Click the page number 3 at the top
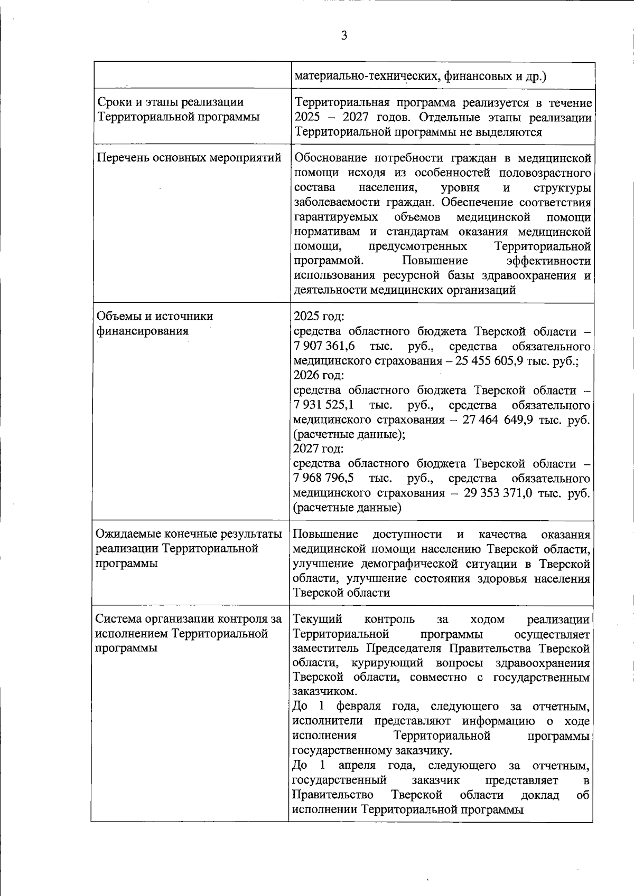[x=344, y=36]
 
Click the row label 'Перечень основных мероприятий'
[x=189, y=158]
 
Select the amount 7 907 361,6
[x=324, y=347]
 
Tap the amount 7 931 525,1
[x=323, y=405]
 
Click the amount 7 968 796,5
[x=323, y=479]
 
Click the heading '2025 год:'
[x=319, y=317]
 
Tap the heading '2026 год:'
[x=319, y=375]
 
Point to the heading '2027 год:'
[x=318, y=449]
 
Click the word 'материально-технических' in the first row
[x=367, y=77]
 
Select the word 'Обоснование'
[x=330, y=158]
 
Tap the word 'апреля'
[x=357, y=765]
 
